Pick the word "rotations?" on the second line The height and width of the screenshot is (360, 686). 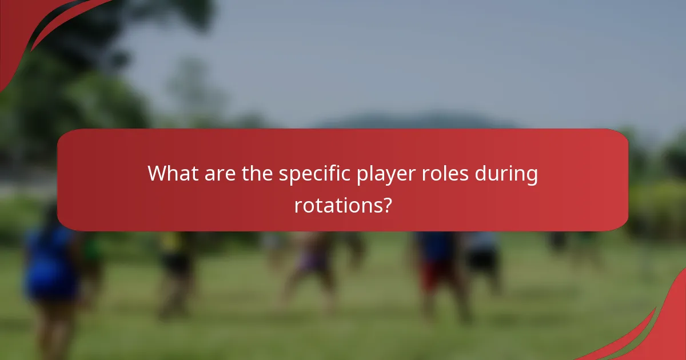pos(342,204)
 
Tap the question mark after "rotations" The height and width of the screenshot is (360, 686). pos(386,204)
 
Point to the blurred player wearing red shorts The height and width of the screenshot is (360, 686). pos(438,269)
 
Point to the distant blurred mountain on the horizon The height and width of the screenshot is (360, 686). pos(412,121)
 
